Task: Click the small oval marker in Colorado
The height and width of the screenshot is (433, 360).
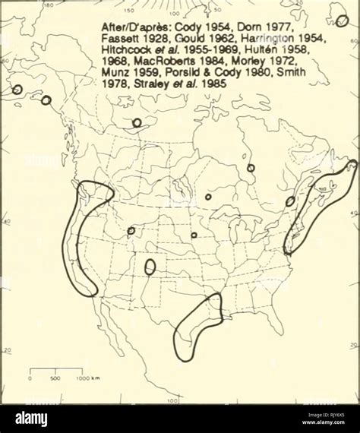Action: click(x=150, y=267)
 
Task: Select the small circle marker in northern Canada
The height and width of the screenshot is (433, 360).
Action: click(x=137, y=122)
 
